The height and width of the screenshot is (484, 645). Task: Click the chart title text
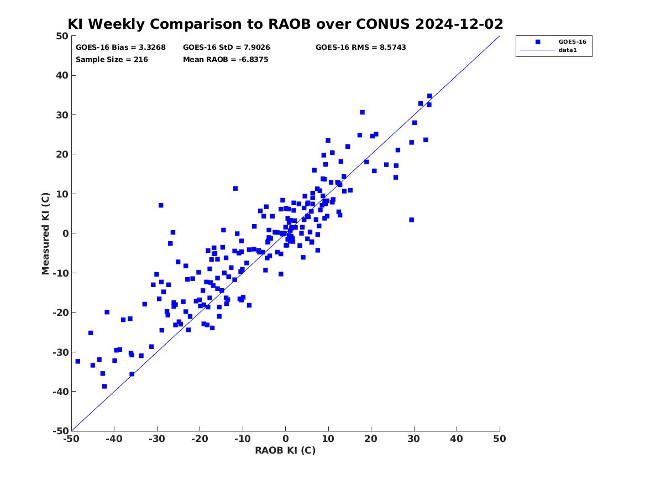(x=285, y=24)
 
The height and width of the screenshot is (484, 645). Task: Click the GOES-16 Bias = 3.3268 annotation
(x=120, y=48)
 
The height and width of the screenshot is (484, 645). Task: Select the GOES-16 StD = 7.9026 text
(x=226, y=48)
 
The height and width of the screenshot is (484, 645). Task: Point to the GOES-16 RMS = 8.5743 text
(x=360, y=48)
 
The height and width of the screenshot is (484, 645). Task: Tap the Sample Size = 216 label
(x=112, y=60)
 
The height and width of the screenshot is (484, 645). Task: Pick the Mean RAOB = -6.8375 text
(x=226, y=60)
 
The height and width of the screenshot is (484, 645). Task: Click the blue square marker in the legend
(x=538, y=42)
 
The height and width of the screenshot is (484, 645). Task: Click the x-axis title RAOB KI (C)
(x=285, y=450)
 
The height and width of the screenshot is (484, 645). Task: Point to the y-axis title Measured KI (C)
(x=45, y=233)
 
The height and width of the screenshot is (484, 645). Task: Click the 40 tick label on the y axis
(x=62, y=75)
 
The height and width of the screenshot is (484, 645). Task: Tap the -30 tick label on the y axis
(x=60, y=352)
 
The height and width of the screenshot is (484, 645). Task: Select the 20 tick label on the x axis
(x=371, y=439)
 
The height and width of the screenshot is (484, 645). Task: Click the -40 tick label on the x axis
(x=114, y=439)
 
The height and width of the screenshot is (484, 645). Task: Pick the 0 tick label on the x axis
(x=286, y=439)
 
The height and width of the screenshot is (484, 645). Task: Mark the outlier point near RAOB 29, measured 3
(x=411, y=220)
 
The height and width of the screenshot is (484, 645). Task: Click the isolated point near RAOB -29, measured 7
(x=161, y=205)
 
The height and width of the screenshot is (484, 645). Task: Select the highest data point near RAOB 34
(x=429, y=96)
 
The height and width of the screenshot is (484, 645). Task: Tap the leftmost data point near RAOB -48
(x=78, y=361)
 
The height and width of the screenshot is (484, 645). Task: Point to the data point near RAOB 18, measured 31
(x=363, y=112)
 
